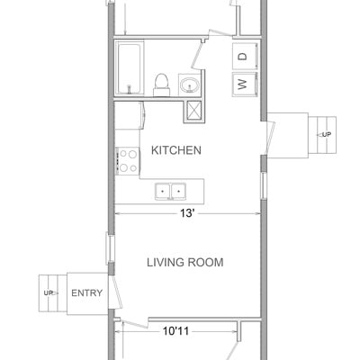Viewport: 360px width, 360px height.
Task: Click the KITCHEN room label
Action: click(x=176, y=150)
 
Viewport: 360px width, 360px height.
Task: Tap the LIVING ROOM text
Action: click(x=185, y=263)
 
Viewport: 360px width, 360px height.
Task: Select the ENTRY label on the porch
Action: click(x=87, y=292)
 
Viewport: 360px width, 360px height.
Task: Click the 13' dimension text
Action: click(x=187, y=213)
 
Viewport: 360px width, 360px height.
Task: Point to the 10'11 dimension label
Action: click(x=175, y=331)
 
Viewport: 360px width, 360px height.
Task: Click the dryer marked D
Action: click(x=245, y=56)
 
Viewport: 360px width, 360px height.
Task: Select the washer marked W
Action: click(x=245, y=85)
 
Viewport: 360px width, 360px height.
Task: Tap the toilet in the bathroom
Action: click(x=162, y=85)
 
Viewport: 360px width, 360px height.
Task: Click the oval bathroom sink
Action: click(x=190, y=85)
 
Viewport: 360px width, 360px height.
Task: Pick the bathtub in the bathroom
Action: click(x=130, y=68)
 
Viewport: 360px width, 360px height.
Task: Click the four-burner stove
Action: click(x=128, y=161)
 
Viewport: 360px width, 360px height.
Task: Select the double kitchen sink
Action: click(x=170, y=192)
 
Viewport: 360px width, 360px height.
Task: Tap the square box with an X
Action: click(x=194, y=112)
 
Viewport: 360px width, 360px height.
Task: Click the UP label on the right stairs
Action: click(x=327, y=135)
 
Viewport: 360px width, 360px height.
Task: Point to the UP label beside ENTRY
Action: click(x=49, y=293)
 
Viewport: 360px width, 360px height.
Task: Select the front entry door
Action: click(x=115, y=292)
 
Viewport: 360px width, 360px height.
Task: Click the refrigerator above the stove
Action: click(x=130, y=115)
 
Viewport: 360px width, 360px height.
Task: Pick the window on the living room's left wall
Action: click(x=110, y=248)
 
